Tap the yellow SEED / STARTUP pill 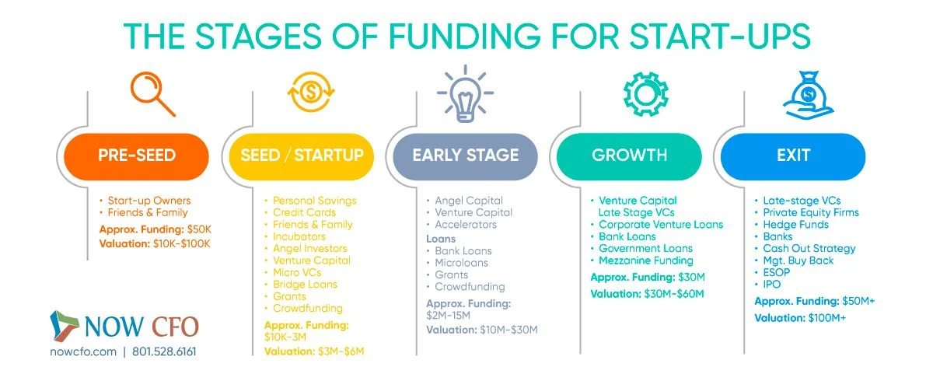(302, 156)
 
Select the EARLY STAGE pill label (465, 156)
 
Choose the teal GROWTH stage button (629, 156)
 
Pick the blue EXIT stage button (792, 156)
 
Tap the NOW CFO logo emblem (65, 327)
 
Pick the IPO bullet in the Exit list (771, 285)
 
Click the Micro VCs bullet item (297, 272)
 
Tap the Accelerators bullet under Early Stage (466, 225)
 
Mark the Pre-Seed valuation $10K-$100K (155, 244)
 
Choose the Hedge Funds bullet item (795, 225)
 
